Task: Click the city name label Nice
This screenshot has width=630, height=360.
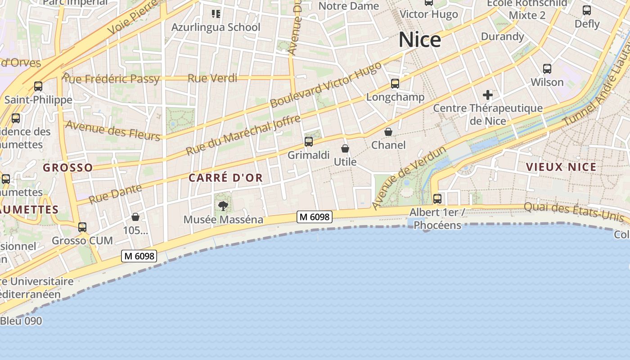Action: tap(419, 40)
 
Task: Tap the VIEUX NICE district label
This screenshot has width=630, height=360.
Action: tap(561, 167)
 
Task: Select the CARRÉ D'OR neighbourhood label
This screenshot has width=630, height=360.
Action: tap(225, 178)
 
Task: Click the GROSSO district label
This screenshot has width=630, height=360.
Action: tap(68, 168)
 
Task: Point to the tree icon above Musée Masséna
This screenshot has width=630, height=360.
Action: tap(223, 206)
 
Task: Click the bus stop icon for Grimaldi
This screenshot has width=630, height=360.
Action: tap(308, 142)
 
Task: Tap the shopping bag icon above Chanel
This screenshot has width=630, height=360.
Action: tap(388, 132)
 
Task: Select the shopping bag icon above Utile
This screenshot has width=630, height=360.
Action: tap(345, 148)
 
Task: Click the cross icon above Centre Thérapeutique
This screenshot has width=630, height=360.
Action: tap(487, 95)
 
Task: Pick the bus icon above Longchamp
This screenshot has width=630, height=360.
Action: tap(395, 83)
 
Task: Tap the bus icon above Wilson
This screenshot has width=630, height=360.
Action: tap(547, 69)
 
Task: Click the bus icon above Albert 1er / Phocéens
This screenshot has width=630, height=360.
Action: tap(437, 198)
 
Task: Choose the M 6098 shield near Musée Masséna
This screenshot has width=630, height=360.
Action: tap(315, 217)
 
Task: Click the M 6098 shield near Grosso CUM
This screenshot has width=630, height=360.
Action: tap(139, 256)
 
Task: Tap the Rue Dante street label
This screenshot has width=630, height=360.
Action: tap(115, 194)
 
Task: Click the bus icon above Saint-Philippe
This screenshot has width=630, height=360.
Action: tap(38, 86)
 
